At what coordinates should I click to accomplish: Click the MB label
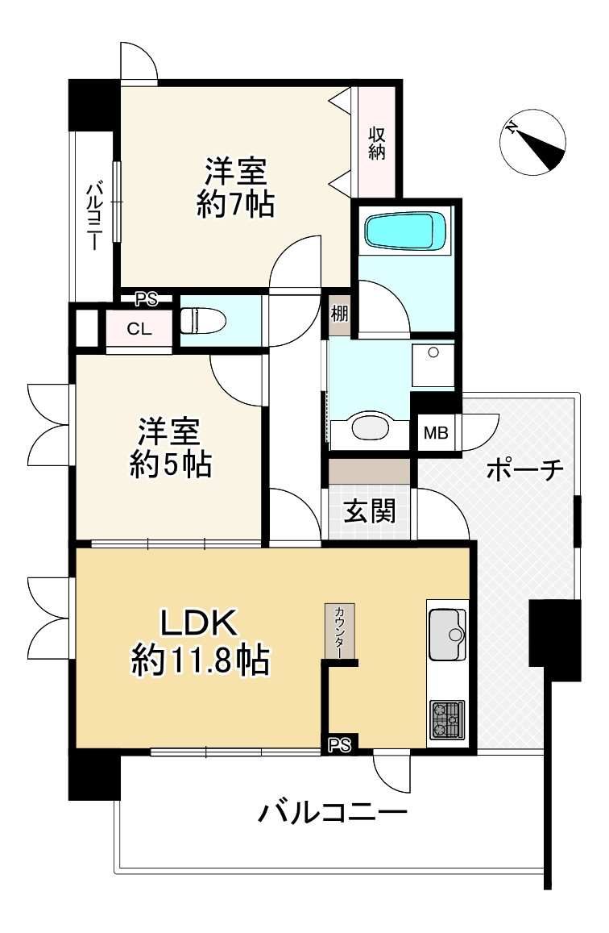(436, 432)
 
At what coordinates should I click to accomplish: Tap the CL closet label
(139, 329)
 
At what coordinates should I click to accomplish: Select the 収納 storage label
(377, 143)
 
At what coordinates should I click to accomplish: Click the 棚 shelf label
(339, 315)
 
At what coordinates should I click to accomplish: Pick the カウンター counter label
(340, 633)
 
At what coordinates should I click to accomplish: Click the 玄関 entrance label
(370, 511)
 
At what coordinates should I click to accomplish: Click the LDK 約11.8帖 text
(199, 641)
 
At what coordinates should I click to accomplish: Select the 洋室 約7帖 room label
(235, 188)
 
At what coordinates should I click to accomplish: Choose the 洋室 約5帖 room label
(170, 448)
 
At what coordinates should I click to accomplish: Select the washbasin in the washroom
(370, 428)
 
